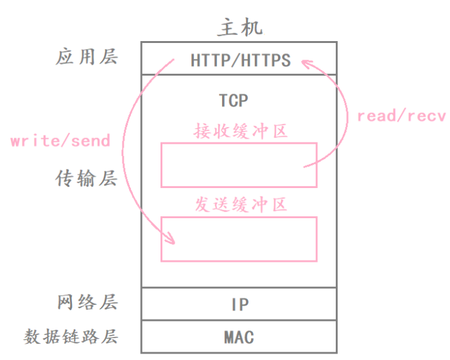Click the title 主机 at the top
coord(239,27)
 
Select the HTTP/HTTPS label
coord(240,60)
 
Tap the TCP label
coord(234,101)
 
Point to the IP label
coord(239,304)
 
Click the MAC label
coord(239,337)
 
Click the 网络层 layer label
coord(87,302)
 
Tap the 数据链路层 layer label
coord(71,336)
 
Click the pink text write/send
coord(60,141)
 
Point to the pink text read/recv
coord(401,116)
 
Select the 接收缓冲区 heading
coord(240,132)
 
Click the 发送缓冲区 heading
coord(240,205)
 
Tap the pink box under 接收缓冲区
coord(239,165)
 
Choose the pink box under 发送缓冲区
coord(239,239)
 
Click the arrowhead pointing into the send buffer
coord(171,239)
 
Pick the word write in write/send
coord(31,141)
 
